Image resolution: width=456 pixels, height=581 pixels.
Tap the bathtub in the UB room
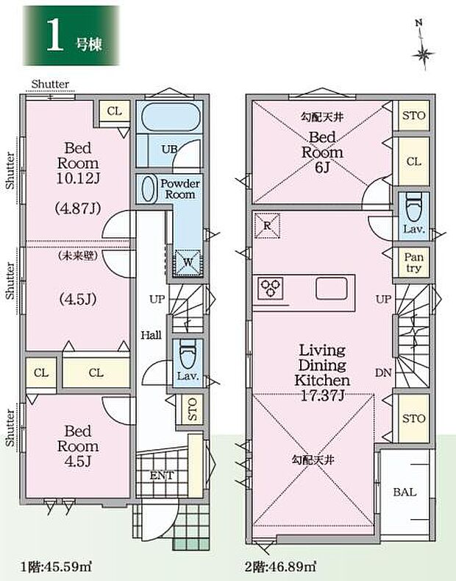[168, 117]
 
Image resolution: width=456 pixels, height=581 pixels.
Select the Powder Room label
[180, 189]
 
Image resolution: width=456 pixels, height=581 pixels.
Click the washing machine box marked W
[188, 263]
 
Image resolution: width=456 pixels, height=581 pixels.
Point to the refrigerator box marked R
[267, 225]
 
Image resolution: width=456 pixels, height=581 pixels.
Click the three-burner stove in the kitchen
[270, 288]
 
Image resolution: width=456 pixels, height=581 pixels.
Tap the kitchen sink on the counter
[332, 288]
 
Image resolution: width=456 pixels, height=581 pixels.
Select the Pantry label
[413, 262]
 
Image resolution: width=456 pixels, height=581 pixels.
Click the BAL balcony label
[405, 492]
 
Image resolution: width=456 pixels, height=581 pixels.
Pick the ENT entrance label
[162, 476]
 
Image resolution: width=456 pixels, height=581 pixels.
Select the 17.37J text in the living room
[322, 395]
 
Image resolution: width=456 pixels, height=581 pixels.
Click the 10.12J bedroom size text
[78, 179]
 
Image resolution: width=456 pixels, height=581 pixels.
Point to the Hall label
[151, 335]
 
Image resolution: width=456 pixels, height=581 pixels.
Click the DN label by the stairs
[383, 373]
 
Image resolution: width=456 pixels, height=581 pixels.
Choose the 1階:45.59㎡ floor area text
[56, 566]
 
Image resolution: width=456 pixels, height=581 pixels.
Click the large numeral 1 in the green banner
[54, 35]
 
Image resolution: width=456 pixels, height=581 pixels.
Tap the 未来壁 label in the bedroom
[78, 256]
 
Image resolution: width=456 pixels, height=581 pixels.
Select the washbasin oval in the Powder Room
[148, 189]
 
